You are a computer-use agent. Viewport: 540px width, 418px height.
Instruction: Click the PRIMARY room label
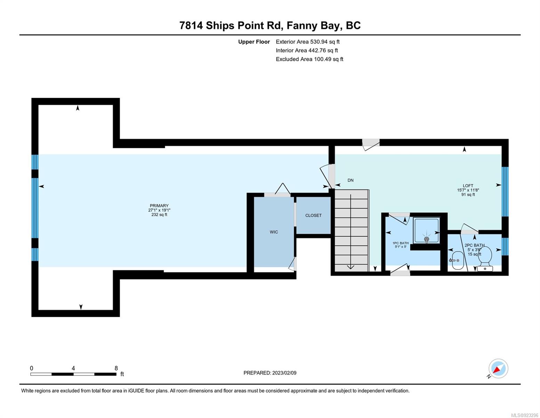point(159,206)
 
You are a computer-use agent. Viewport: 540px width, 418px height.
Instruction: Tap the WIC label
point(274,232)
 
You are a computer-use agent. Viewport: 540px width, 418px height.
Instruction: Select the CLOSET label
point(313,215)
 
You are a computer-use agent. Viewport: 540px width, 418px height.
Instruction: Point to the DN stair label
point(350,180)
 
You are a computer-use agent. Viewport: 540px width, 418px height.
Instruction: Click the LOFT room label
point(468,186)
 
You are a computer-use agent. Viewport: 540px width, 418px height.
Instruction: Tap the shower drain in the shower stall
point(426,239)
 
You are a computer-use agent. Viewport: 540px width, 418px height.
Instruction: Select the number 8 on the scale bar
point(116,368)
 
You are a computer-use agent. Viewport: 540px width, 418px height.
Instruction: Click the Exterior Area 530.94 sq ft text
point(308,42)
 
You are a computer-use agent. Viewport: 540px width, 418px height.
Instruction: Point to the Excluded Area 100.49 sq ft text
point(309,59)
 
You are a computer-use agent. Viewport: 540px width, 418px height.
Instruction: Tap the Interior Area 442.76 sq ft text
point(307,51)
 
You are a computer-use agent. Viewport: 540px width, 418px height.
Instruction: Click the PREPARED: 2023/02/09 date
point(270,373)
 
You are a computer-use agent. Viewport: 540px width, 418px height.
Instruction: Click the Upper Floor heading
point(254,42)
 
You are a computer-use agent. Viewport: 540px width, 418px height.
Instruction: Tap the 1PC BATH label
point(401,243)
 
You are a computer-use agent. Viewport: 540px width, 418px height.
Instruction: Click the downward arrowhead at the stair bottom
point(350,266)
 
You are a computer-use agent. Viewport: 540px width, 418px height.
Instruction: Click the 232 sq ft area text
point(159,215)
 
